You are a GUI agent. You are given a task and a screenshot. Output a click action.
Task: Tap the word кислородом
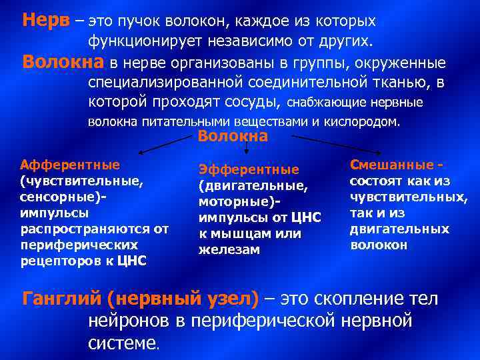tap(365, 123)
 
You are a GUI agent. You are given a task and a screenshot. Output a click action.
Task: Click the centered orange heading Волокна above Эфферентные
tap(233, 137)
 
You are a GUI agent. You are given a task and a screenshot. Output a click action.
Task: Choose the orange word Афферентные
tap(70, 165)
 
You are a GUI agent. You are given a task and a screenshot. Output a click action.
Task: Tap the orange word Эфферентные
tap(249, 170)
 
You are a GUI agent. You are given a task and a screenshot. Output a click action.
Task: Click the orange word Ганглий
tap(59, 298)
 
